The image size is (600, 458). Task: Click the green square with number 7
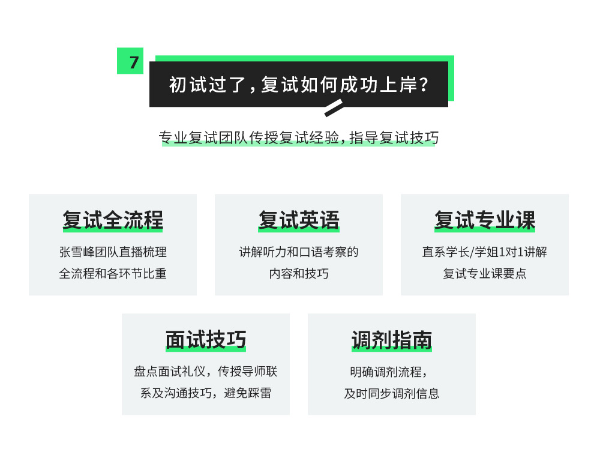[130, 61]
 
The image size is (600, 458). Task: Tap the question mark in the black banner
[424, 85]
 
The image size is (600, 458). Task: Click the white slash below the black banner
[334, 107]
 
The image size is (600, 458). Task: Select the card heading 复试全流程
[113, 220]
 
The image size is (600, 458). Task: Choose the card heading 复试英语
[299, 220]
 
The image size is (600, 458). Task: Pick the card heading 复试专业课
[485, 220]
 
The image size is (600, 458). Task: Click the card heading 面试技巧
[206, 340]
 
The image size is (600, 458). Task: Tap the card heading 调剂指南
[392, 340]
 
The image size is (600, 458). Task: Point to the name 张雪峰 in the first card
[77, 252]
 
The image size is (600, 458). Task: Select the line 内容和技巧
[299, 274]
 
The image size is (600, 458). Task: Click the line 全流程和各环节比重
[113, 274]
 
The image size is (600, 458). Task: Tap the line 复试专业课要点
[485, 274]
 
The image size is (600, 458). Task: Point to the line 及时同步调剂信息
[392, 393]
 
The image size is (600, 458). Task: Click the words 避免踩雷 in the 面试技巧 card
[248, 393]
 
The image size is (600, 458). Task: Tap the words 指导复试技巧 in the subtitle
[394, 138]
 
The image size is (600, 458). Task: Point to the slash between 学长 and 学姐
[472, 252]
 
